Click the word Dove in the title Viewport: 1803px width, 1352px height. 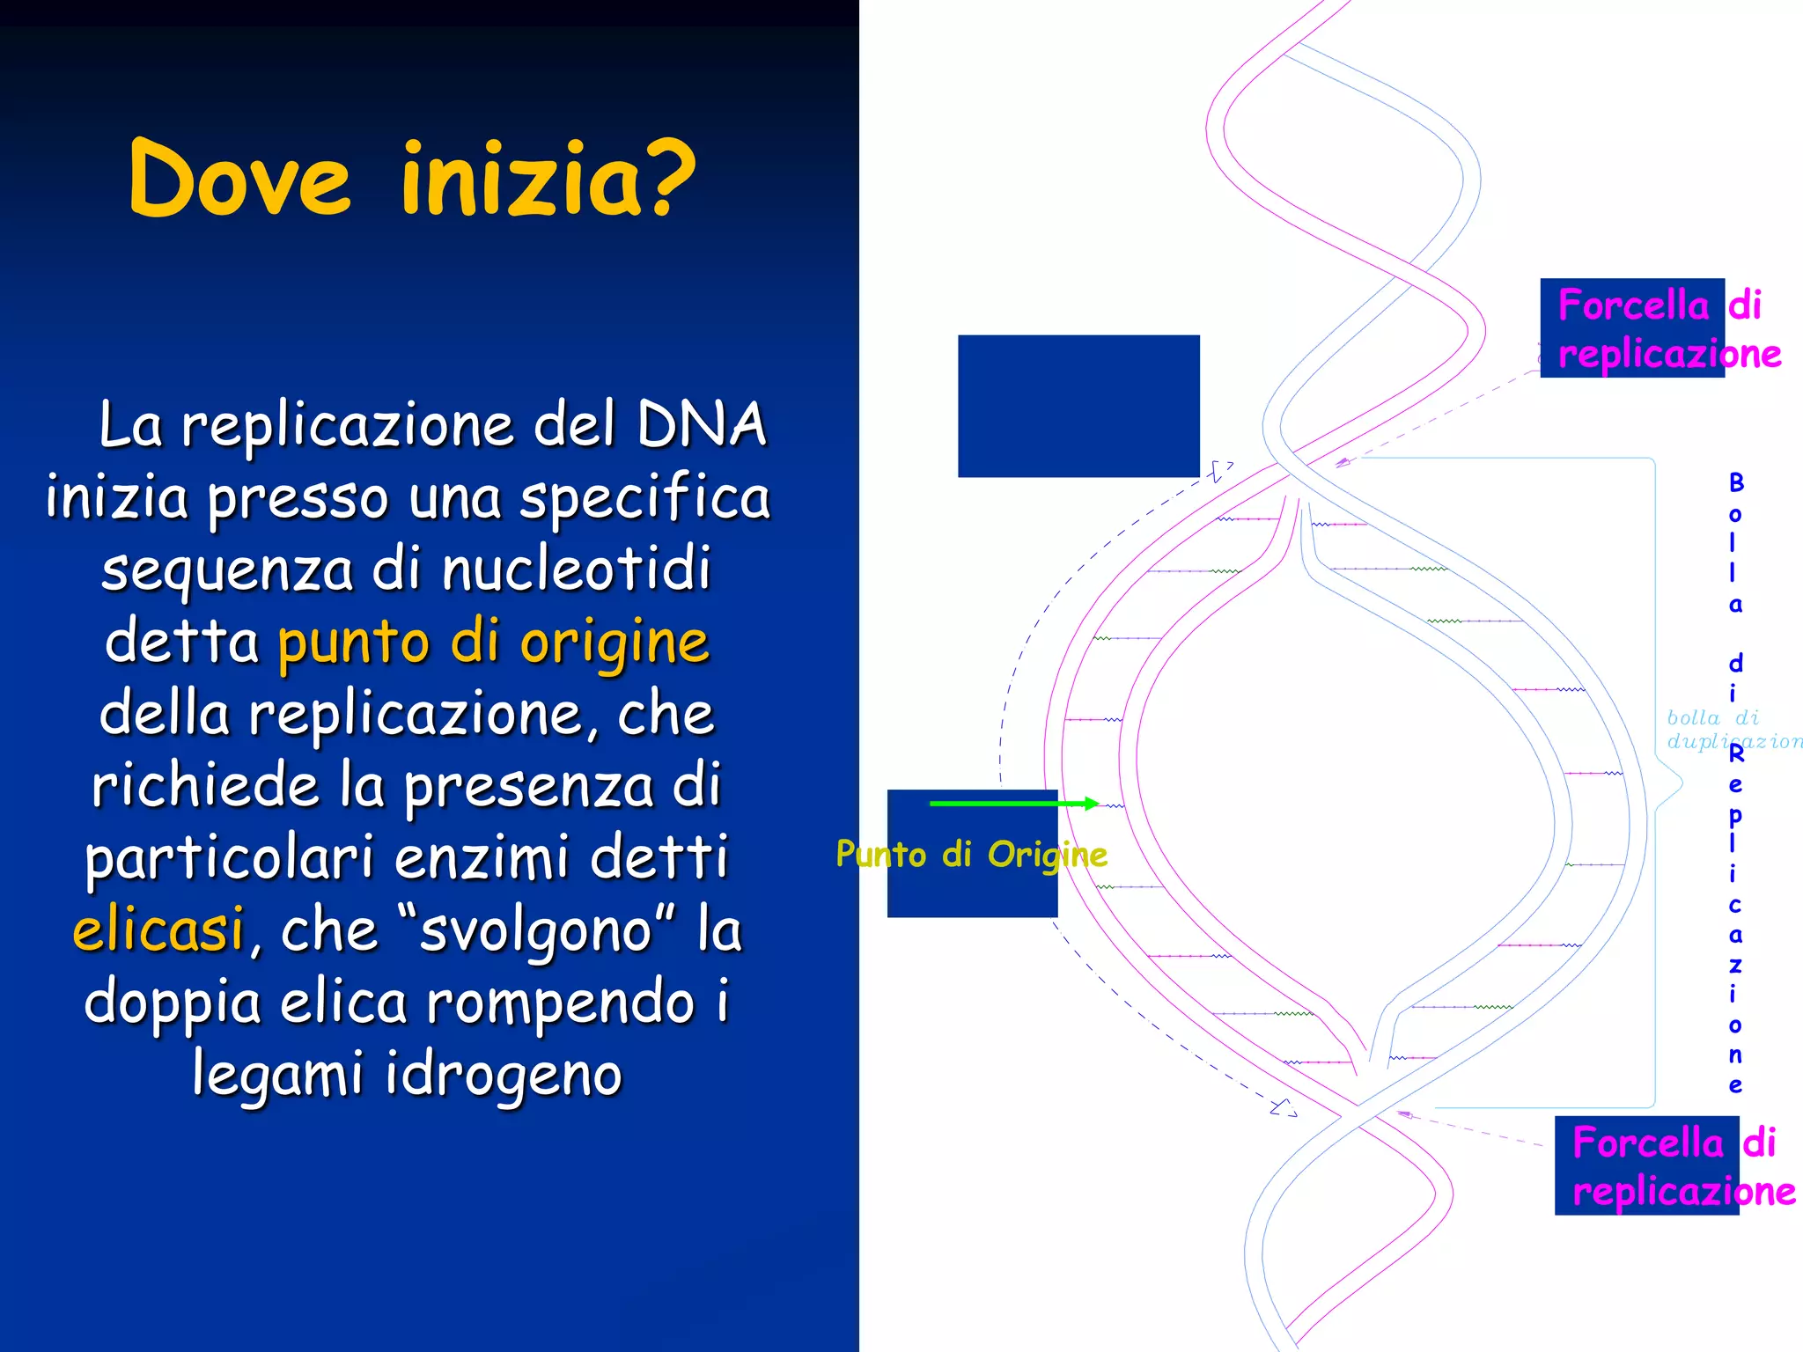tap(239, 180)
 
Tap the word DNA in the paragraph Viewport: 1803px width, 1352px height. tap(701, 425)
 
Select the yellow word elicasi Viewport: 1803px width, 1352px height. tap(158, 929)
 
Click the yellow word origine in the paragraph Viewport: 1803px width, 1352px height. tap(614, 643)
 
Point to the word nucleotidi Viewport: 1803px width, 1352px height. tap(576, 569)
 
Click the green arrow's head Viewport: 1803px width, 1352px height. tap(1092, 803)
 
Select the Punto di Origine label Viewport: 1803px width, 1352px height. tap(971, 854)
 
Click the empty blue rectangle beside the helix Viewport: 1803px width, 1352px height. tap(1078, 406)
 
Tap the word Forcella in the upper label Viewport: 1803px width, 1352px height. tap(1633, 305)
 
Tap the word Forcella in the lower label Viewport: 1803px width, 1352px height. tap(1647, 1143)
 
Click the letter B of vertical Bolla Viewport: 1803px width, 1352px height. tap(1736, 482)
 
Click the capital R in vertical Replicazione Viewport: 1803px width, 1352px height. tap(1736, 754)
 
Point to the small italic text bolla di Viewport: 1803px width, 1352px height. tap(1711, 718)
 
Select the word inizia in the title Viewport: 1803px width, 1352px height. tap(519, 180)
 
